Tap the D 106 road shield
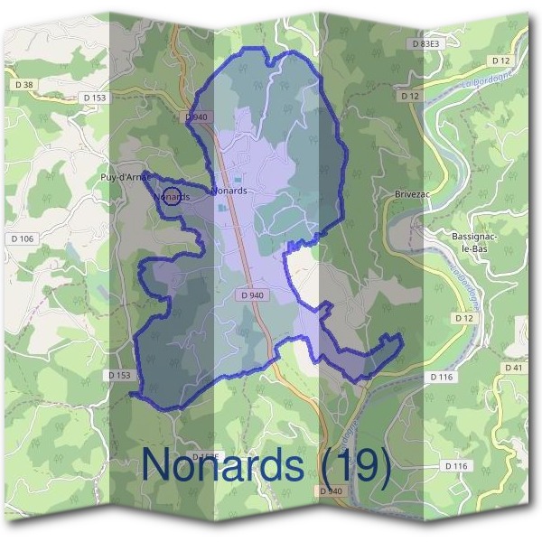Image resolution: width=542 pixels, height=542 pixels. (x=25, y=238)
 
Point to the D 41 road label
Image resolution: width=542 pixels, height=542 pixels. (x=513, y=368)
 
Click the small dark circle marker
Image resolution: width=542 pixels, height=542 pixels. (x=171, y=194)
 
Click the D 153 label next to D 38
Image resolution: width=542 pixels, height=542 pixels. (x=94, y=98)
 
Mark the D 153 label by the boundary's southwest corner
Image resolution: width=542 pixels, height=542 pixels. (x=119, y=375)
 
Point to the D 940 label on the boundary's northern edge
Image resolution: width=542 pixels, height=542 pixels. (x=196, y=117)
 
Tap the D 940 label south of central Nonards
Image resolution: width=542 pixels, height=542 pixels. (x=253, y=295)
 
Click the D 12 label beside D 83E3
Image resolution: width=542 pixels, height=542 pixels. (x=500, y=60)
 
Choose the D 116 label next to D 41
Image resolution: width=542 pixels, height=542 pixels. (x=442, y=376)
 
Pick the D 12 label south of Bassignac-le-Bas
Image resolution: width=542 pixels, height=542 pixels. (x=465, y=319)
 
